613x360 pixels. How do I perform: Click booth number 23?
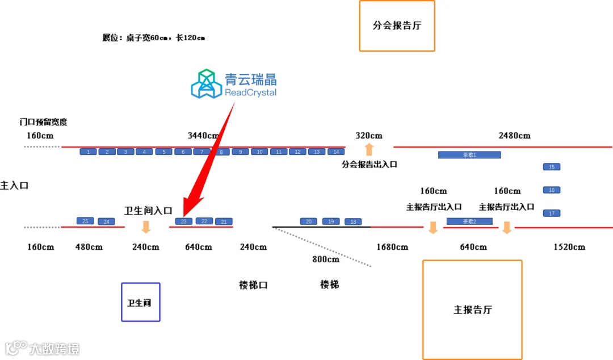tap(184, 221)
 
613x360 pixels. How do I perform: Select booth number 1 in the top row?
tap(89, 152)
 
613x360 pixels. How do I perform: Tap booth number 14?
tap(336, 152)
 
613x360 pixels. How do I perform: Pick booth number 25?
tap(85, 221)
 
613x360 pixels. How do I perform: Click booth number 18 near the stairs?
tap(353, 221)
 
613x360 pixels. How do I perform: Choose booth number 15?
tap(552, 167)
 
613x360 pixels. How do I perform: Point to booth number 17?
tap(552, 213)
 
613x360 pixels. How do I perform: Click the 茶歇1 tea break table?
tap(469, 154)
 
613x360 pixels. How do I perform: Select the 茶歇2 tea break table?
tap(469, 221)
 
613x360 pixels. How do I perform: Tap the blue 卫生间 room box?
tap(141, 302)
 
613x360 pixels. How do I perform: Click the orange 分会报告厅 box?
tap(397, 26)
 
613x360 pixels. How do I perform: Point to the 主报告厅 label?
tap(472, 310)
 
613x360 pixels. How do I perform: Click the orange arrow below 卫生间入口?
tap(146, 227)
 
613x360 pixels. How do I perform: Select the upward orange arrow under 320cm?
tap(369, 150)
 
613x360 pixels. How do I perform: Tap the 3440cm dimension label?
tap(203, 136)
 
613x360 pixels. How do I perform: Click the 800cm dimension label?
tap(326, 259)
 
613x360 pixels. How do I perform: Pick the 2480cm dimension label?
tap(514, 136)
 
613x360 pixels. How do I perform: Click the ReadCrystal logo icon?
tap(206, 83)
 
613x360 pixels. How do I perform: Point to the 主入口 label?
tap(14, 186)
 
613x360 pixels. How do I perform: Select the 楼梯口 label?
tap(253, 285)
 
